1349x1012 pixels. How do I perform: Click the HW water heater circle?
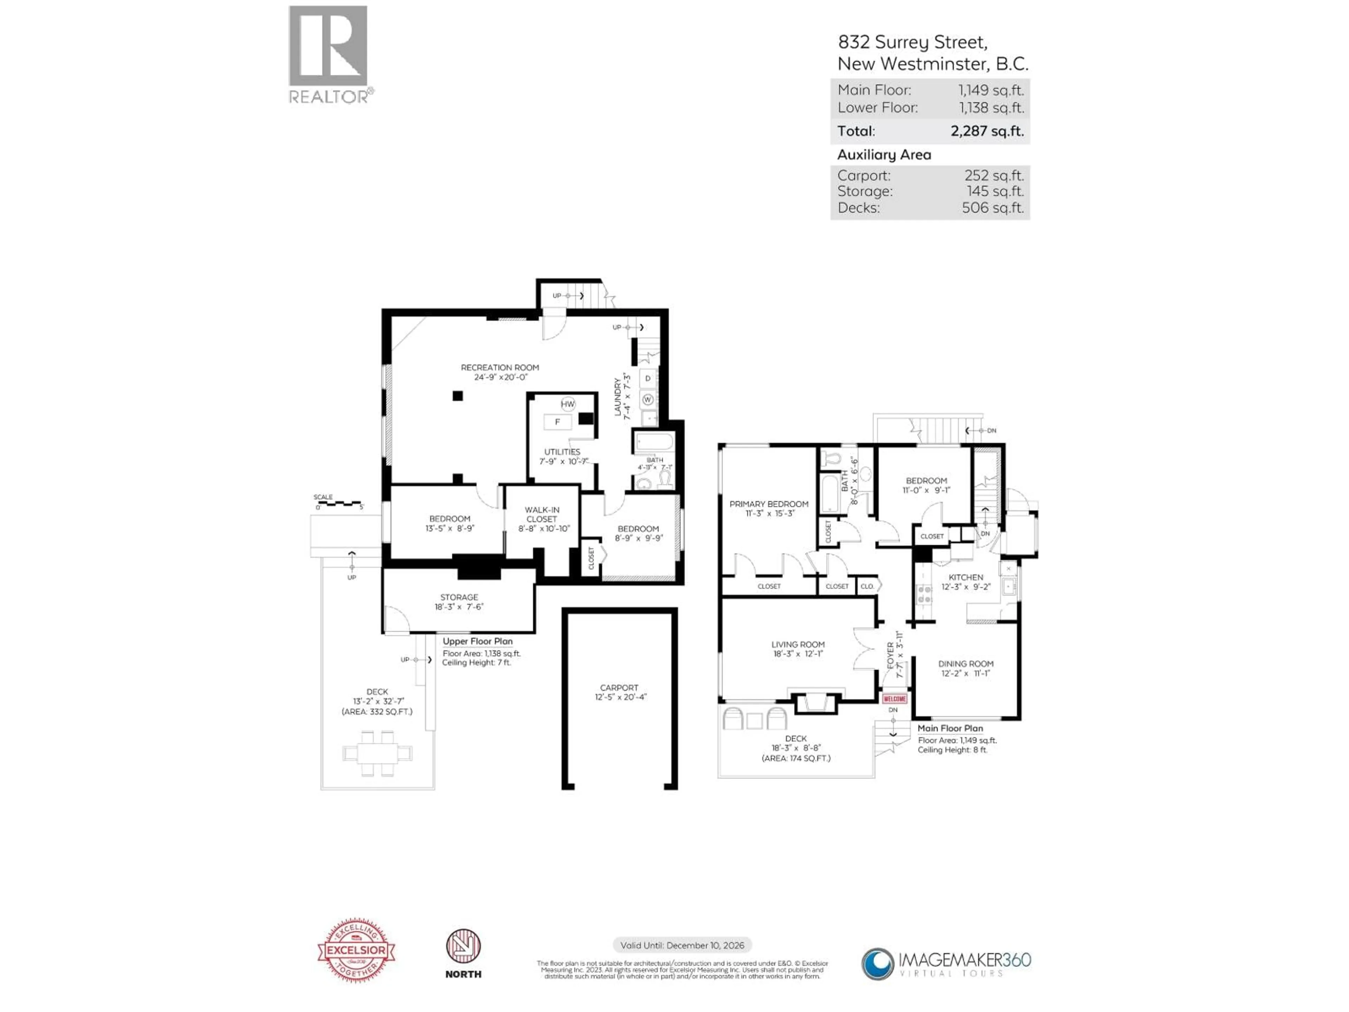click(568, 404)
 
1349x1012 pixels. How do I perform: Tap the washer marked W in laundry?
click(648, 400)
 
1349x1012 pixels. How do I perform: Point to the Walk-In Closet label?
click(542, 514)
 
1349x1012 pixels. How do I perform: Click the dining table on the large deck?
click(377, 753)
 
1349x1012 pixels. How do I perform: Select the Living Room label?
click(798, 644)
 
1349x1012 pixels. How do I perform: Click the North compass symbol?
click(463, 946)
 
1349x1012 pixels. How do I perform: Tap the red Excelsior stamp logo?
click(356, 950)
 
